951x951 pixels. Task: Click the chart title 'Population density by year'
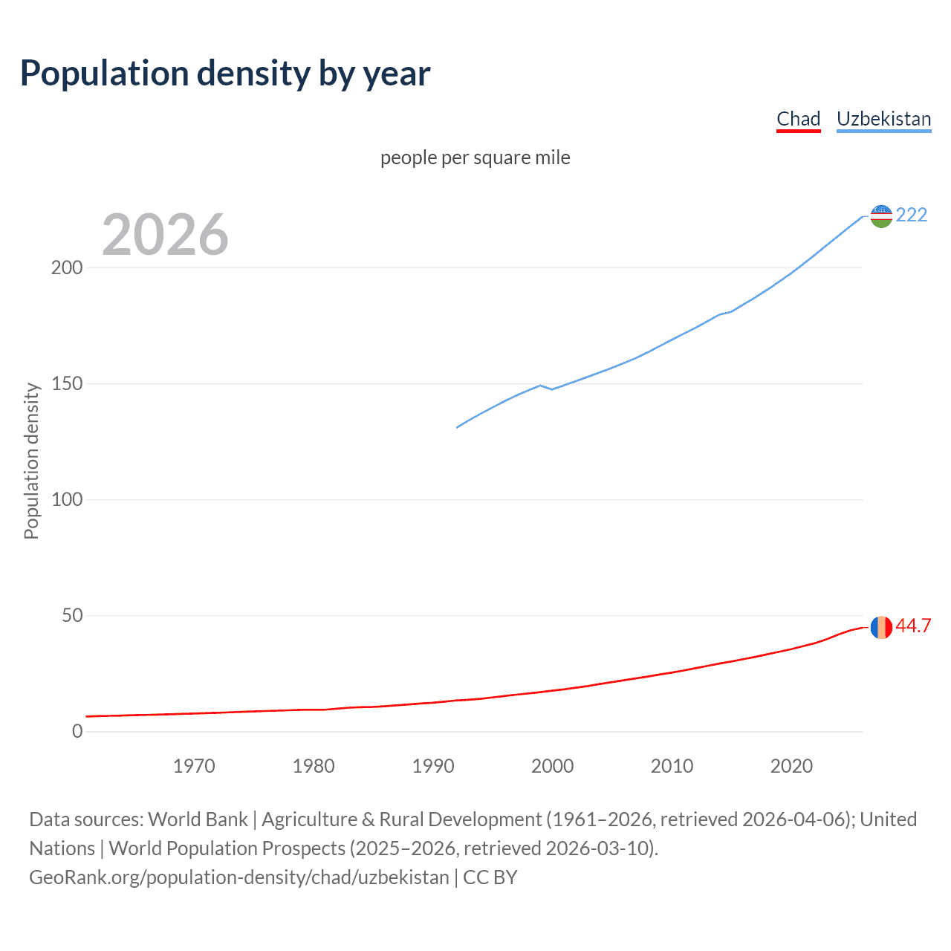[225, 74]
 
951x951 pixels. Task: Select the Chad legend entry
[798, 119]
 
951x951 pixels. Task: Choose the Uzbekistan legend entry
[883, 119]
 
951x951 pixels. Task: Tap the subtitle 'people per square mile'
[475, 158]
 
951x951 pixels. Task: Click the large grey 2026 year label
[165, 235]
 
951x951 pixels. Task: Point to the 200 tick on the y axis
[67, 267]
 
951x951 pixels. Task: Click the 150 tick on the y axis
[67, 383]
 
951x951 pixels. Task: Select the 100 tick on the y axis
[67, 499]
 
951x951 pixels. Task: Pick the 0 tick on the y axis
[77, 731]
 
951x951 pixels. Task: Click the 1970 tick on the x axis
[194, 766]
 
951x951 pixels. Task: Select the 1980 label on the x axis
[314, 766]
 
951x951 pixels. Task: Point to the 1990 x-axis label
[433, 766]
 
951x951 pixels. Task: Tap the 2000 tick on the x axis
[552, 766]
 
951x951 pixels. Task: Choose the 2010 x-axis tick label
[672, 766]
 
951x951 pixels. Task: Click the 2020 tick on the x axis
[791, 766]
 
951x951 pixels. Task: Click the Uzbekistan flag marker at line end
[881, 216]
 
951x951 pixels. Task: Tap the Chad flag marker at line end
[881, 627]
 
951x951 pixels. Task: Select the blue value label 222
[912, 215]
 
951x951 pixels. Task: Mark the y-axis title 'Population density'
[31, 461]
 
